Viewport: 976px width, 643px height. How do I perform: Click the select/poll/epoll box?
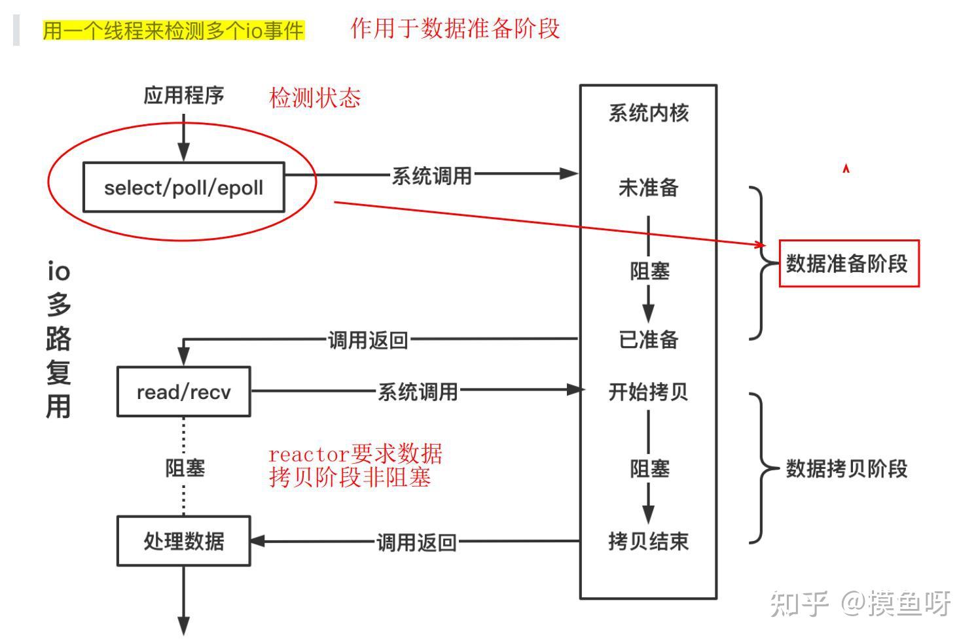pos(184,187)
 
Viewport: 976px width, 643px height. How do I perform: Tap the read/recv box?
pos(184,392)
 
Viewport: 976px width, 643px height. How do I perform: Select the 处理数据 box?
pos(184,541)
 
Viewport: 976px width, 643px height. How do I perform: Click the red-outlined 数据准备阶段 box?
pos(849,264)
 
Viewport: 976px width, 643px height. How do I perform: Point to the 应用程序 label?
pos(184,96)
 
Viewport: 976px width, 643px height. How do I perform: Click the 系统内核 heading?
pos(649,113)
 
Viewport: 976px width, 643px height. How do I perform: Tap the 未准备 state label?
pos(649,188)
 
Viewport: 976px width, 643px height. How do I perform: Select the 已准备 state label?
pos(649,339)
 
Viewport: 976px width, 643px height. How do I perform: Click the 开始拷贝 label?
pos(649,391)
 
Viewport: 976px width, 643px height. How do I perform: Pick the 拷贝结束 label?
pos(649,541)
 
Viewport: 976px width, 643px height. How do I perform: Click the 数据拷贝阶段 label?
pos(846,469)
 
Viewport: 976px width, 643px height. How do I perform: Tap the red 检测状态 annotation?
pos(315,97)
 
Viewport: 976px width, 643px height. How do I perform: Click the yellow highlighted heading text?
pos(173,31)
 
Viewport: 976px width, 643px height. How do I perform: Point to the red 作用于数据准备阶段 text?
pos(456,29)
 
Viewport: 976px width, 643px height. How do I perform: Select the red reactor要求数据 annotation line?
pos(355,453)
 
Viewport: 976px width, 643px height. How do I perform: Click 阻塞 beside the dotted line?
pos(185,468)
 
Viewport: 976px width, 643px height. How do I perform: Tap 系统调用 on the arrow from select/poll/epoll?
pos(432,177)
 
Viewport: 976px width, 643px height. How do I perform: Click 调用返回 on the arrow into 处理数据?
pos(416,543)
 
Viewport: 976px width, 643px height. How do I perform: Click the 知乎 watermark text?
pos(799,604)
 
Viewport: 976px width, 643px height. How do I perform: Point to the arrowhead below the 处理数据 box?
pos(184,626)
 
